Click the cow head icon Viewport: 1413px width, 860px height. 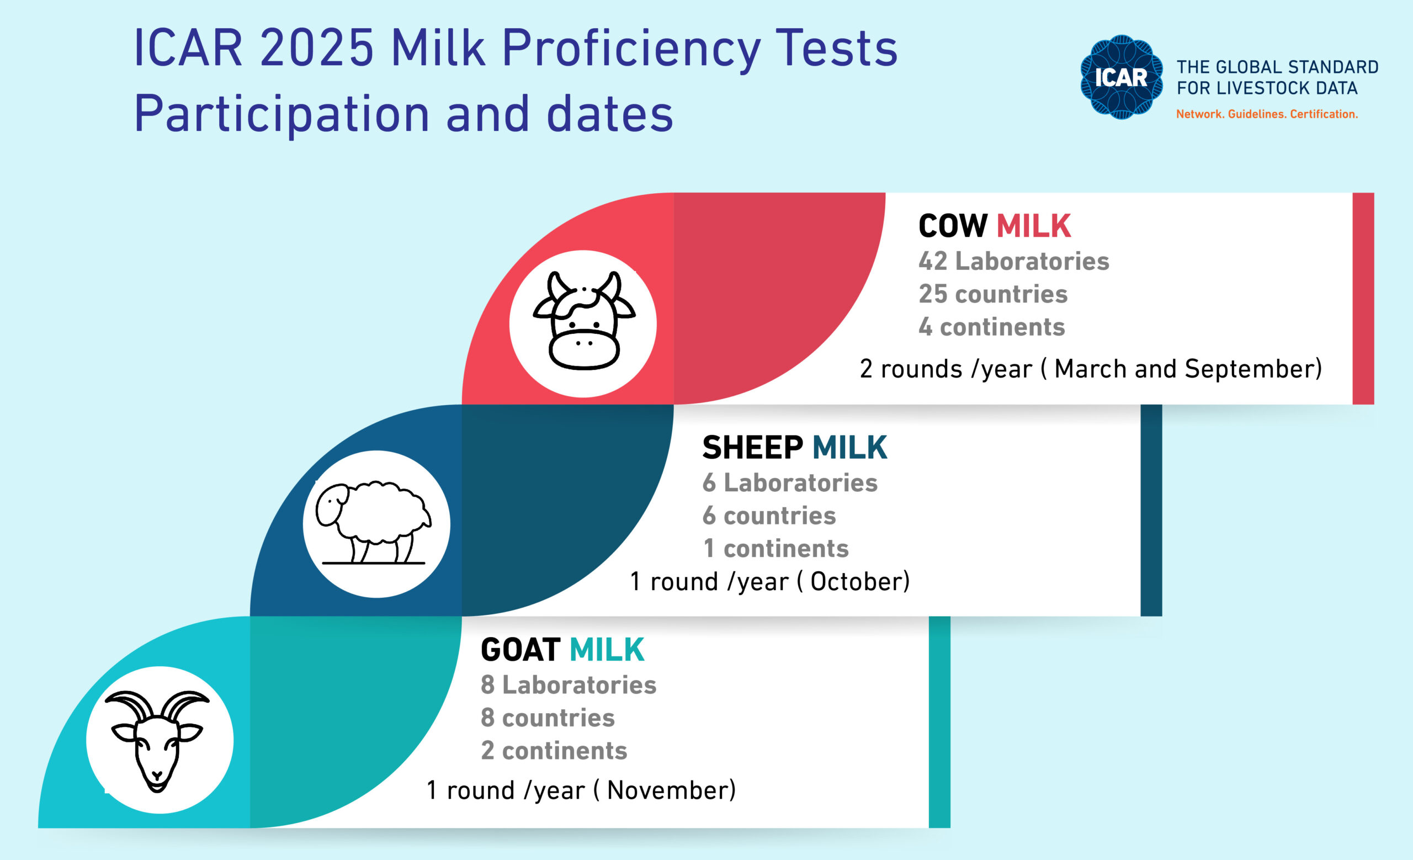point(584,321)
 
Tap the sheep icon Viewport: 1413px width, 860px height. point(374,523)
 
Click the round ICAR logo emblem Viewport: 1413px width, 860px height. point(1121,77)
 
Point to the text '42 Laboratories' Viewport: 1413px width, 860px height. point(1014,261)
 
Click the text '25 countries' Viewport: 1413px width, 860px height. point(993,294)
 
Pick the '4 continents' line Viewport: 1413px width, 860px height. point(992,327)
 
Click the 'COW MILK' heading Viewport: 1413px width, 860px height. point(995,225)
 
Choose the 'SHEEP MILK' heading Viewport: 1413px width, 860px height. point(795,447)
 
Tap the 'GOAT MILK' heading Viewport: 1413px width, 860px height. point(562,650)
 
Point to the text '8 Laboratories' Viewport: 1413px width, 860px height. point(569,684)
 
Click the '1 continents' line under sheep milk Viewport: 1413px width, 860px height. point(776,549)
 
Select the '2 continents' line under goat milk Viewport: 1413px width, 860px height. point(554,751)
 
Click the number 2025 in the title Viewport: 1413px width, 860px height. point(317,47)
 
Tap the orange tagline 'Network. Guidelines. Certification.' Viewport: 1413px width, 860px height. point(1267,114)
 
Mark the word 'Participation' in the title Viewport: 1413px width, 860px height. point(281,114)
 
